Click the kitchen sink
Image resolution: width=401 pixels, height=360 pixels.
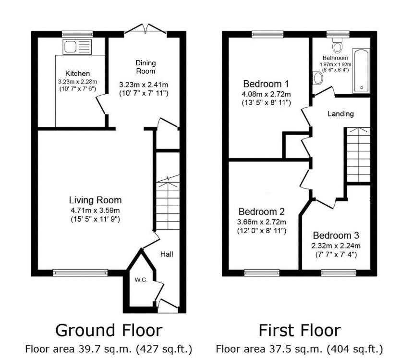(77, 47)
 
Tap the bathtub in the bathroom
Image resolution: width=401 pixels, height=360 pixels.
(361, 70)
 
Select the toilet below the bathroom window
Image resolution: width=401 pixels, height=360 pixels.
(338, 44)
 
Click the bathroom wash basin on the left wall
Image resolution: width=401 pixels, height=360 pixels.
(317, 78)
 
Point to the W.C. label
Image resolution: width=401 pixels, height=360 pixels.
(141, 280)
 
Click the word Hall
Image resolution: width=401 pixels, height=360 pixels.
(167, 254)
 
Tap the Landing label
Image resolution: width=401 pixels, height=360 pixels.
(340, 114)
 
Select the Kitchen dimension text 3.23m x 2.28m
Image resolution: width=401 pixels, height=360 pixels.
(78, 82)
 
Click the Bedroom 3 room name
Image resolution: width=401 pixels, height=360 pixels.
(336, 236)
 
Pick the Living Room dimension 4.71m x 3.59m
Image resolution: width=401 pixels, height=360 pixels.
(95, 211)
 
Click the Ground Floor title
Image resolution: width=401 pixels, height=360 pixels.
(109, 330)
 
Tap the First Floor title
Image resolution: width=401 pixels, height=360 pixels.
(300, 330)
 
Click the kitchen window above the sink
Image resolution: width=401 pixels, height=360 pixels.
(78, 34)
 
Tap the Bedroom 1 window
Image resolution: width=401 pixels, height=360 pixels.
(267, 34)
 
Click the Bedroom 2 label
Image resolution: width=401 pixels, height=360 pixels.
(261, 212)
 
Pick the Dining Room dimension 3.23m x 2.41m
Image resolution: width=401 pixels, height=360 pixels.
(144, 85)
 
